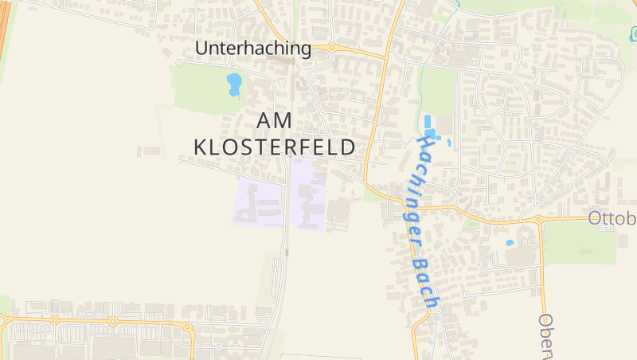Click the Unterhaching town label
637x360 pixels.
253,49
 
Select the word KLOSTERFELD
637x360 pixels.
275,147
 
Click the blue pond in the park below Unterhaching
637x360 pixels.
234,83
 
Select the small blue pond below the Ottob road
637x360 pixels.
510,242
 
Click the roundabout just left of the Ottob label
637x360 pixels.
539,218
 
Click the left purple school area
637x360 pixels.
257,203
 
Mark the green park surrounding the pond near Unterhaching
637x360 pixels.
203,88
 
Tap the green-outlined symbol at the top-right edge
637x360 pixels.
633,34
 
